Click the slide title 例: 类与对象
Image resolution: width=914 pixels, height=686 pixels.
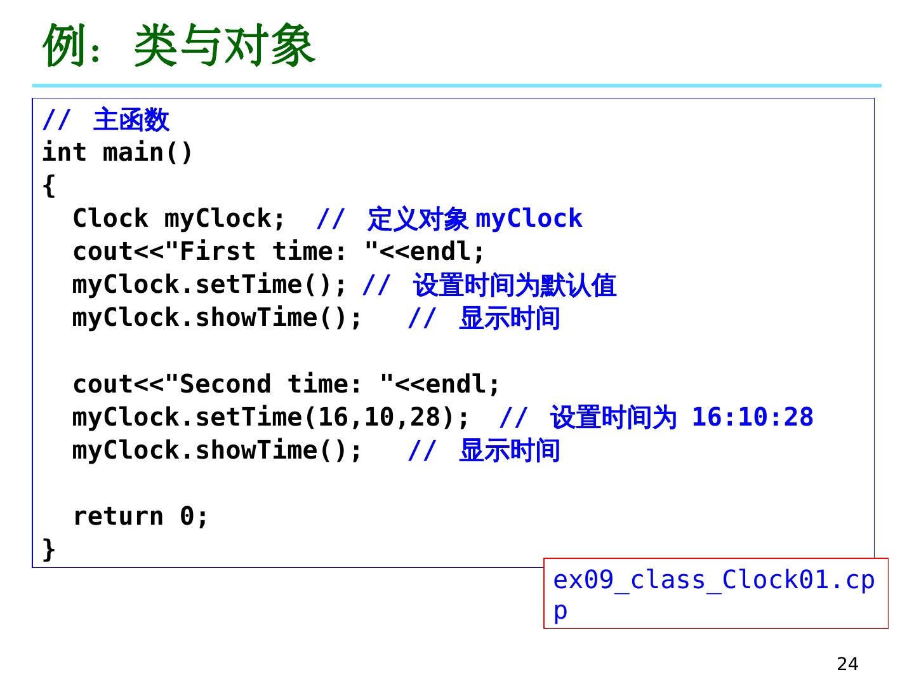pos(179,46)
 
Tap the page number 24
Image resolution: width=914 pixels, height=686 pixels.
pos(847,664)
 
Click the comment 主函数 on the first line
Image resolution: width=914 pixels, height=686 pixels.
pos(131,120)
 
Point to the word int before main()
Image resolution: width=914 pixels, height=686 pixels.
pos(64,152)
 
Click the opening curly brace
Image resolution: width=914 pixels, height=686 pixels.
pos(49,186)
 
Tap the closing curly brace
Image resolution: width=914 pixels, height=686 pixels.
pos(49,549)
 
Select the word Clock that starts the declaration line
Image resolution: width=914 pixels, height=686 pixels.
pos(110,219)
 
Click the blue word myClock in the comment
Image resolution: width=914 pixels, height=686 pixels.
pos(529,219)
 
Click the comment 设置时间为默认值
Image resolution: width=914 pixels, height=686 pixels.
pos(515,285)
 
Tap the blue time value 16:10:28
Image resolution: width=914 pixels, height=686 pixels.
pos(752,417)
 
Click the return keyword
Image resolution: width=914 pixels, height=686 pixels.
pos(118,516)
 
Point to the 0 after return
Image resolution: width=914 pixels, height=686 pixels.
pos(187,516)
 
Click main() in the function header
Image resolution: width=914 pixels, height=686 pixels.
pos(147,152)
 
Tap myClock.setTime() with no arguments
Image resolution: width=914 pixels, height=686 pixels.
pos(209,285)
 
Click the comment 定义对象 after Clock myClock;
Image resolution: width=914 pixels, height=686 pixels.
pos(418,219)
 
